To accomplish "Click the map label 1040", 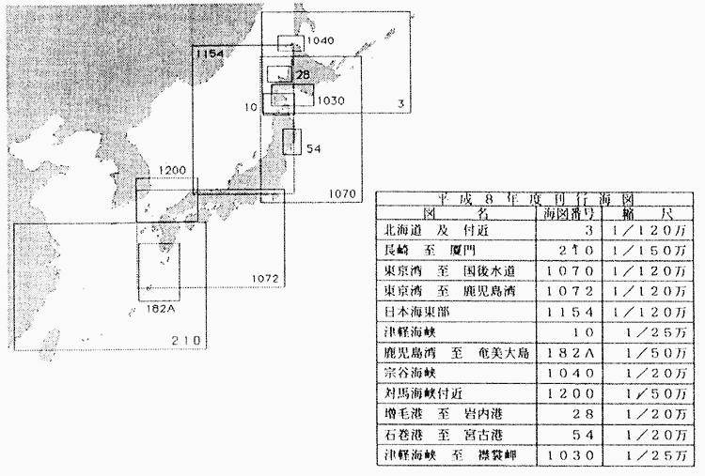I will click(321, 41).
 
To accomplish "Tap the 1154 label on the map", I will click(210, 54).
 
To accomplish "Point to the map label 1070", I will click(343, 193).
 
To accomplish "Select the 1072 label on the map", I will click(266, 279).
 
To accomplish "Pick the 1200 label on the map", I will click(174, 170).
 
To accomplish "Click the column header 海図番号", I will click(568, 215).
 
